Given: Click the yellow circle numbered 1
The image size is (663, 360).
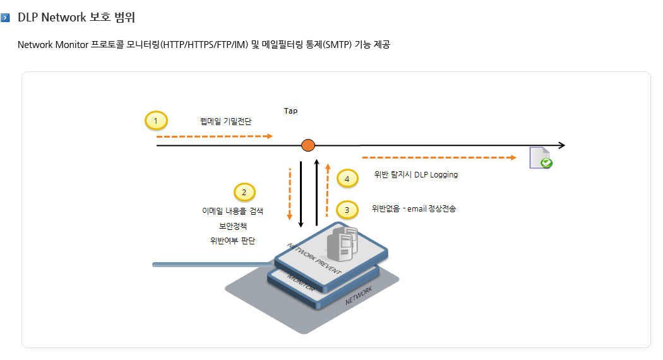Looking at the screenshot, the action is point(156,121).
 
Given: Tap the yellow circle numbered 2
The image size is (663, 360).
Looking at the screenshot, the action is point(244,193).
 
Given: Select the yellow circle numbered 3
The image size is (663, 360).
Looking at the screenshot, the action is point(347,210).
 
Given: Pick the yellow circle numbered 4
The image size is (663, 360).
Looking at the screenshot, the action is point(347,179).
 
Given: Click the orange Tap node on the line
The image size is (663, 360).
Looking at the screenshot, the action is point(308,145).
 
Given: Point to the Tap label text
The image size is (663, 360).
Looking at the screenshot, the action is point(290,111).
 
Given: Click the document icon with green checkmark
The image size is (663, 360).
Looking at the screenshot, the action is point(541,158).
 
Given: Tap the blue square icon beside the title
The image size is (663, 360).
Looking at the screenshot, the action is point(5,18).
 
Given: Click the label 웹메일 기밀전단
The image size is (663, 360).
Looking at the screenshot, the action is point(225,121).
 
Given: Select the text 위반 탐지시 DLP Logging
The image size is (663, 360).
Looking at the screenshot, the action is point(415,175).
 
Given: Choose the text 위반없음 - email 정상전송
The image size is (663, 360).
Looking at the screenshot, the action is point(414,208).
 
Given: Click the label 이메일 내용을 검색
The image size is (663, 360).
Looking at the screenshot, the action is point(232,211).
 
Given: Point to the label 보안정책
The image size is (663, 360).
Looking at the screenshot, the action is point(232,226).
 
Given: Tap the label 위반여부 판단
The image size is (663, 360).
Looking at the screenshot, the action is point(232,241).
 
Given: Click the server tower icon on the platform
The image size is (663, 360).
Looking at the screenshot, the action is point(342,243).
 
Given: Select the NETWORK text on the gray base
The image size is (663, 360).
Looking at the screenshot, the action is point(359,296).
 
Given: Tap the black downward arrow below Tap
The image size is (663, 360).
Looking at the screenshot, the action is point(301,195).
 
